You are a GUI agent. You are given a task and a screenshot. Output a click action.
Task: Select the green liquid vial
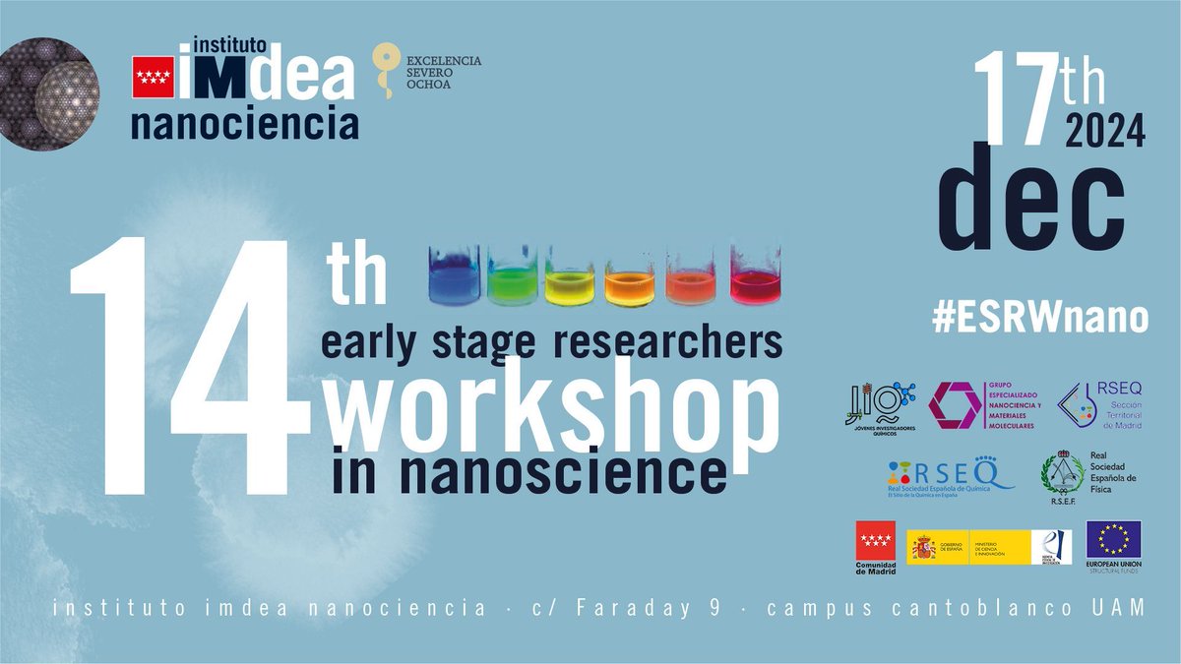point(513,277)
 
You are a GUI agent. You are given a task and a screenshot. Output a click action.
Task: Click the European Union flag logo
point(1113,539)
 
